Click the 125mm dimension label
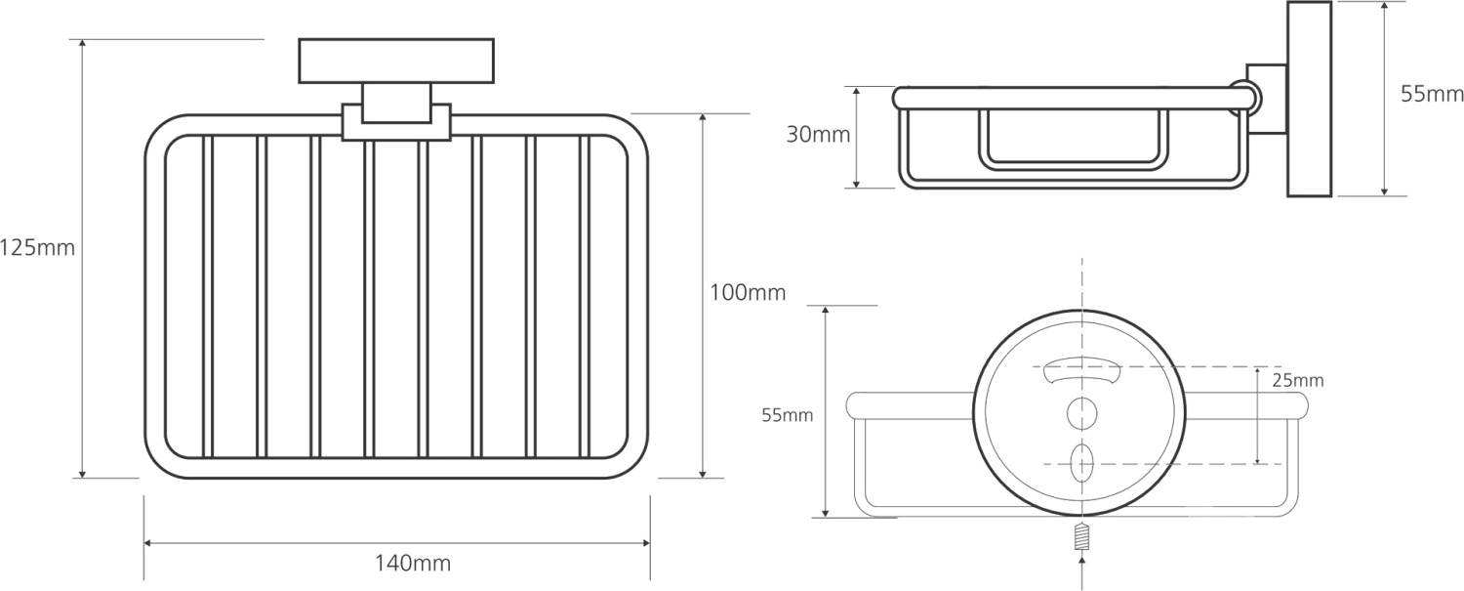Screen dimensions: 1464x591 (37, 248)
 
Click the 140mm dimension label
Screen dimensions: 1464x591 (413, 563)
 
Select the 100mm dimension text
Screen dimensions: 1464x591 (748, 292)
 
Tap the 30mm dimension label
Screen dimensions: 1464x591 (818, 135)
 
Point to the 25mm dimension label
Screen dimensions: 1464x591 (1297, 380)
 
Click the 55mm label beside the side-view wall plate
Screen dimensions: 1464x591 (1432, 94)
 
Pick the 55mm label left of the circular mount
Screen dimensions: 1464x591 (787, 415)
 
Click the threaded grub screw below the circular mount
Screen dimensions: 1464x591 (1082, 537)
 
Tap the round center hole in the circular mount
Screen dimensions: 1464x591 (1082, 413)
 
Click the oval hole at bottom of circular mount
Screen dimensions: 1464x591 (1081, 463)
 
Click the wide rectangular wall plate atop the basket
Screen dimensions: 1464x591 (396, 61)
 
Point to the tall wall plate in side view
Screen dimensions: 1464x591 (1309, 99)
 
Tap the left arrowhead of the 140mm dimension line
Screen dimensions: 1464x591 (148, 542)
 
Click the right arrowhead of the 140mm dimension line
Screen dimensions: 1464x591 (646, 542)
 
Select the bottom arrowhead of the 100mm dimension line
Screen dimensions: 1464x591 (704, 473)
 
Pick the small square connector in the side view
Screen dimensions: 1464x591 (1267, 99)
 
